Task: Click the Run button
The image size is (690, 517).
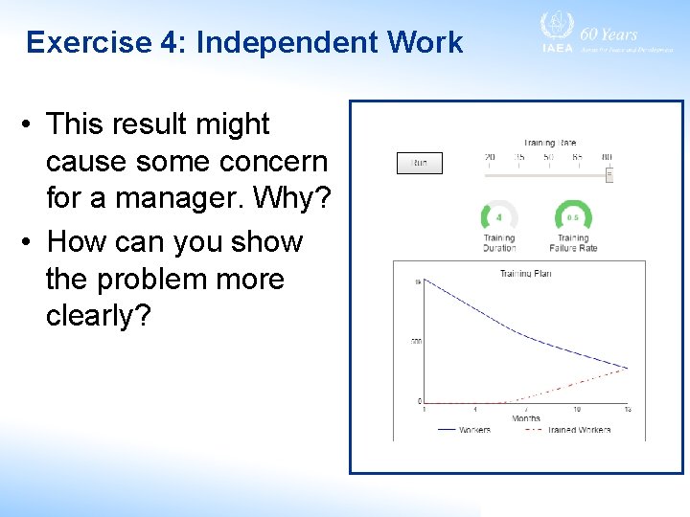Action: pyautogui.click(x=420, y=164)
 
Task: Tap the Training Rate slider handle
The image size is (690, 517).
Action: pyautogui.click(x=609, y=173)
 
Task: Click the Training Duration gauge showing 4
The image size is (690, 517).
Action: pyautogui.click(x=498, y=216)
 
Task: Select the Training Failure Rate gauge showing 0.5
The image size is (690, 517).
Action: pyautogui.click(x=573, y=216)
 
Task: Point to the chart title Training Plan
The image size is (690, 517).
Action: pyautogui.click(x=525, y=274)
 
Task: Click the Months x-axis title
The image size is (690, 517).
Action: pyautogui.click(x=526, y=418)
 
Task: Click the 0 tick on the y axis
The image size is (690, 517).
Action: pyautogui.click(x=418, y=401)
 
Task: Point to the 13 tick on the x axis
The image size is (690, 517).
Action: pyautogui.click(x=628, y=410)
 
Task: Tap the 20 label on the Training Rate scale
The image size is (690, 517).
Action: pyautogui.click(x=490, y=156)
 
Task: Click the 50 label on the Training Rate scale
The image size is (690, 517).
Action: pyautogui.click(x=548, y=156)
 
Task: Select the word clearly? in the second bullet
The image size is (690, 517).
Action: pyautogui.click(x=98, y=317)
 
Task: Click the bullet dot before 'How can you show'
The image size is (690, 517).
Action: pyautogui.click(x=31, y=242)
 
